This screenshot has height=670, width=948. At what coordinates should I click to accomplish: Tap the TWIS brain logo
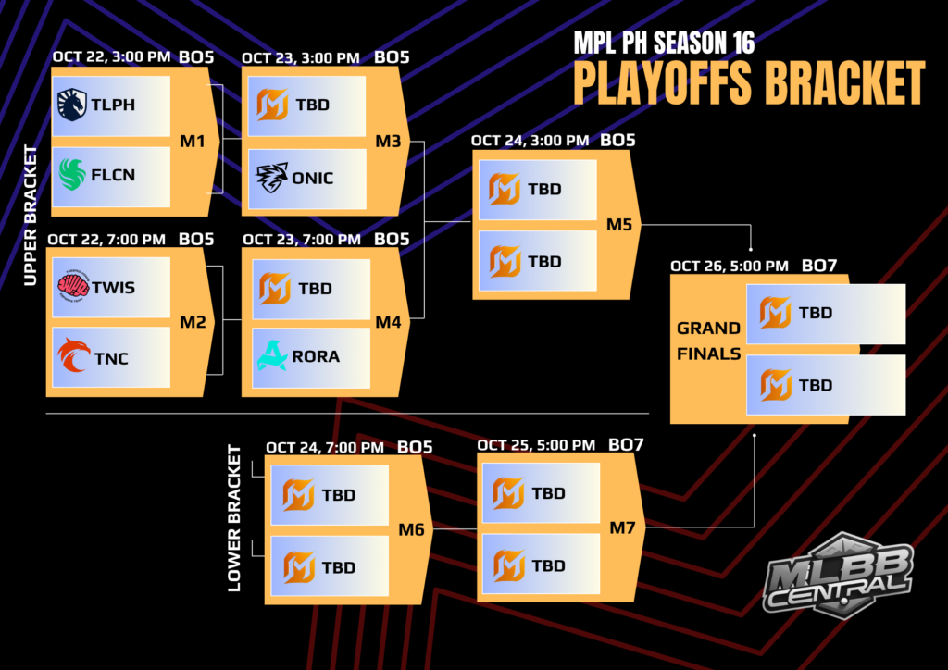pos(72,287)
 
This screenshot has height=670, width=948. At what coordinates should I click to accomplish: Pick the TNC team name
pos(110,359)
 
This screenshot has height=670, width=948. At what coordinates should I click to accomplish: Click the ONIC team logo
pos(271,177)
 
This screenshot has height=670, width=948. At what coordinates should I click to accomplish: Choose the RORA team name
pos(317,356)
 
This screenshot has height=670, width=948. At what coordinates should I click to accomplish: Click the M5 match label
pos(620,224)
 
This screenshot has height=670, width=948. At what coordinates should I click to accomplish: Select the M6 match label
pos(411,529)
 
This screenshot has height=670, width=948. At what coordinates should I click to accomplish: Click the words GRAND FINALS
pos(708,340)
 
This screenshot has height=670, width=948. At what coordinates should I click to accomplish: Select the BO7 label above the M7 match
pos(626,445)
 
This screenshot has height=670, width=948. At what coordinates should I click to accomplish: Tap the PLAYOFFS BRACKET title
pos(748,83)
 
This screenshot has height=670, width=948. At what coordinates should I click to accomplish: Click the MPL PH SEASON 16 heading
pos(664,43)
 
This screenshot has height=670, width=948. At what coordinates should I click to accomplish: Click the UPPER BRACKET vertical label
pos(31,216)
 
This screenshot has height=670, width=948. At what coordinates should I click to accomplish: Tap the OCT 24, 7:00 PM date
pos(325,448)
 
